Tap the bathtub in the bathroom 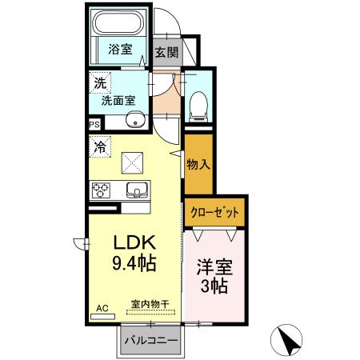pos(120,22)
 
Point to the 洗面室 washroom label pos(117,101)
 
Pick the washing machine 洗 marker pos(100,82)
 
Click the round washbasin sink pos(135,122)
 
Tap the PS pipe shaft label pos(94,124)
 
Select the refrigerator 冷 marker pos(100,146)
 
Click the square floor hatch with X pos(131,162)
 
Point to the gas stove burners pos(102,190)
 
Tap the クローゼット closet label pos(214,212)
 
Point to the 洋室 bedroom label pos(214,266)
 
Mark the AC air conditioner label pos(102,307)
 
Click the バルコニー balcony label pos(150,340)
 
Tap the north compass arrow pos(290,342)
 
